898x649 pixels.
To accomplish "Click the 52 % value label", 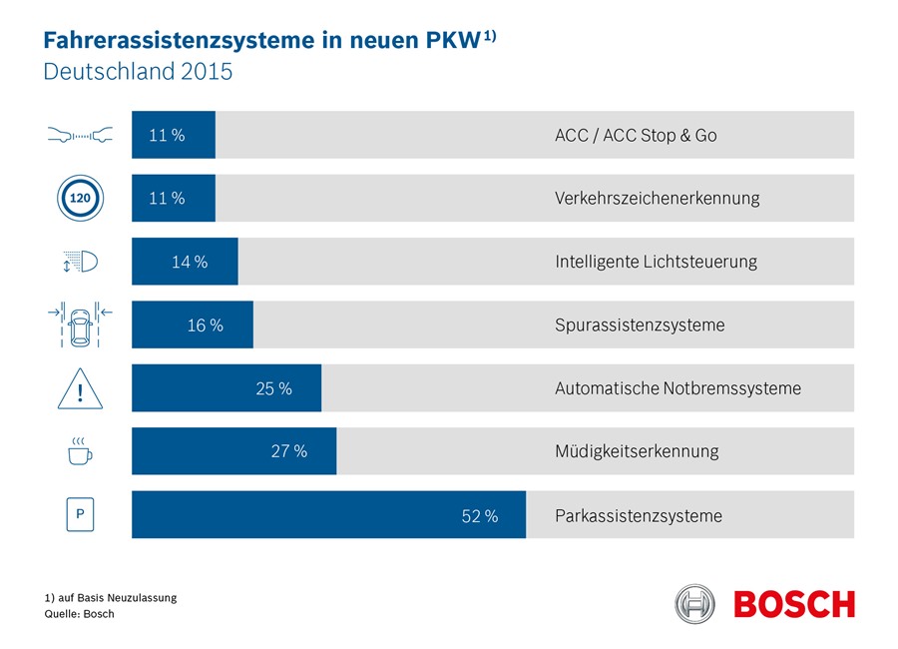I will [x=479, y=516].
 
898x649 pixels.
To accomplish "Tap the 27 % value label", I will [x=288, y=451].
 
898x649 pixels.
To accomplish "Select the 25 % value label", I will [x=273, y=388].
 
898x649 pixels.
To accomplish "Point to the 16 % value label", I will [x=205, y=325].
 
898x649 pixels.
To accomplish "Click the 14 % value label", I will [x=189, y=262].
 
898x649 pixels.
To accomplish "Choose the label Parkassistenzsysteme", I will [x=638, y=516].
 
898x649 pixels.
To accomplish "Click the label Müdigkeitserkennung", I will [x=636, y=451].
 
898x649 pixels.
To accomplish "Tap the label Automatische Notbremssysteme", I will [x=677, y=388].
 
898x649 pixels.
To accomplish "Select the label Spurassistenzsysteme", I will [x=640, y=325].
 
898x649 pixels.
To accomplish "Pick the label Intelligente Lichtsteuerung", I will [x=656, y=262].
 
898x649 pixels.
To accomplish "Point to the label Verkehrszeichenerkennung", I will [x=657, y=198].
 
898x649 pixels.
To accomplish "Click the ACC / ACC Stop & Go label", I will [x=636, y=135].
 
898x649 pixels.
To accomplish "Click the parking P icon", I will [x=80, y=515].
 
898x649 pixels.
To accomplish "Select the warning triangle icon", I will [x=80, y=388].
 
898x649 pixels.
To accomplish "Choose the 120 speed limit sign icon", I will [x=80, y=198].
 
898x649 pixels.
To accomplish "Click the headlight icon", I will [x=80, y=263].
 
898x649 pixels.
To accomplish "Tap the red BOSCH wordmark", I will [x=794, y=604].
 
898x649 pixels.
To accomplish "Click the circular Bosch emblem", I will [x=695, y=604].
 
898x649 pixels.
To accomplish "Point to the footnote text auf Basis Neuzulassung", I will [x=111, y=597].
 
